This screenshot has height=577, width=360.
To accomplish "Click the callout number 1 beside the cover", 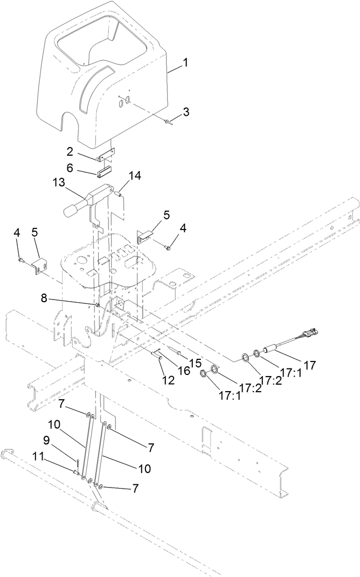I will click(185, 62).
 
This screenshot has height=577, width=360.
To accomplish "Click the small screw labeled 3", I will click(169, 121).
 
